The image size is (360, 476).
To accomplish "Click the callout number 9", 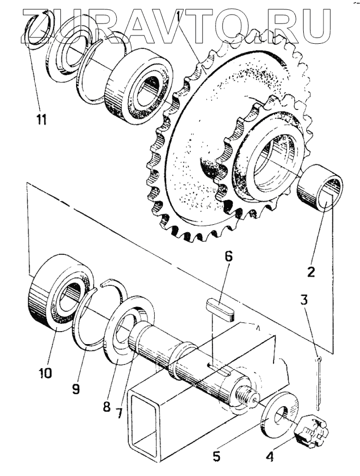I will (76, 388).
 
